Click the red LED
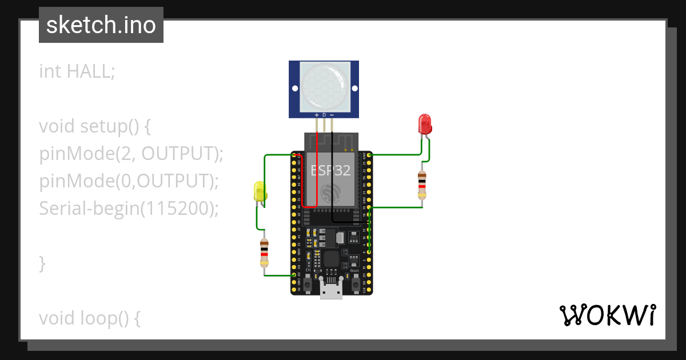point(424,124)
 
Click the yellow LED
point(260,191)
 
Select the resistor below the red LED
point(422,183)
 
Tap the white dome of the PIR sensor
point(324,86)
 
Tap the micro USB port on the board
point(331,291)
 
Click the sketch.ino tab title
point(101,25)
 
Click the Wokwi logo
point(607,315)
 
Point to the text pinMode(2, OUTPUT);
point(131,153)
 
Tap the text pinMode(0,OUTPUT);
point(129,181)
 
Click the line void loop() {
point(90,318)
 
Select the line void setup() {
point(95,126)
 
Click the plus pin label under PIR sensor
point(317,115)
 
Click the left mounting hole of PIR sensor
point(295,89)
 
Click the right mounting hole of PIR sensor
point(354,89)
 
